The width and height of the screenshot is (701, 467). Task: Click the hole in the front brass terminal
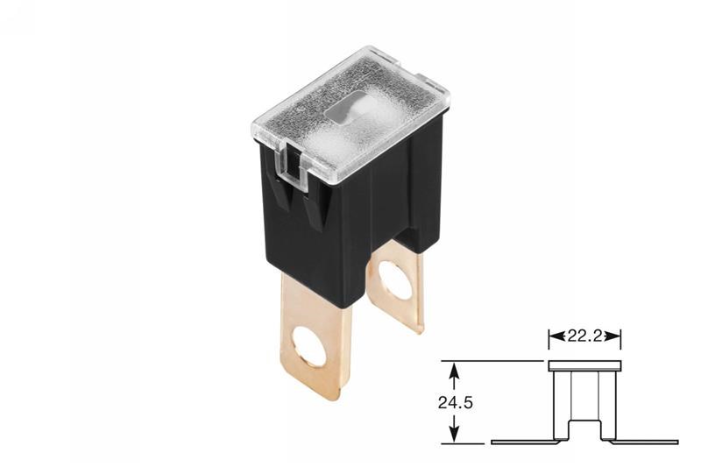pyautogui.click(x=311, y=347)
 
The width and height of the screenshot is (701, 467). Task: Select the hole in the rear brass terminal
pyautogui.click(x=395, y=280)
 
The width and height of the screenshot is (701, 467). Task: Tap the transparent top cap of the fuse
pyautogui.click(x=350, y=121)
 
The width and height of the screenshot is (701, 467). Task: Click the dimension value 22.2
pyautogui.click(x=584, y=336)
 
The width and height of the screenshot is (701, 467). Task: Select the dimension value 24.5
pyautogui.click(x=455, y=403)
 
